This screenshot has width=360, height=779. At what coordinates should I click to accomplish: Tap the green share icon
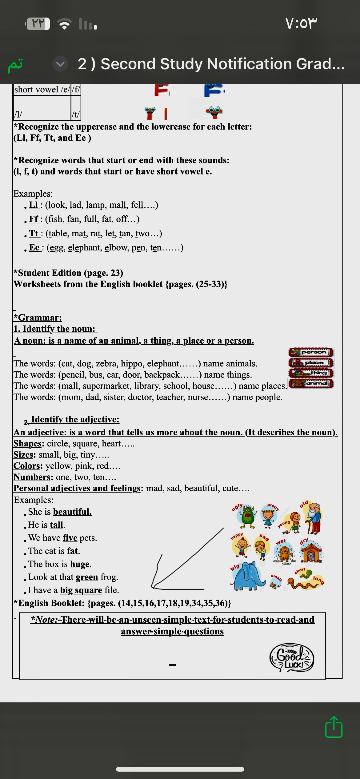coord(334,727)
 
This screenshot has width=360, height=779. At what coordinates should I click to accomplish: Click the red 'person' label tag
coord(311,352)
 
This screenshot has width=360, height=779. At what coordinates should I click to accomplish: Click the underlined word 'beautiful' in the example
coord(72,512)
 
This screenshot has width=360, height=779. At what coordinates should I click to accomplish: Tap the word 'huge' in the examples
coord(80,564)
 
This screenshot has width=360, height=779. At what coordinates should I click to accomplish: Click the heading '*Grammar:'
coord(38,318)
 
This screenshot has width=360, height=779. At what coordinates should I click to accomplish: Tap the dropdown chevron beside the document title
coord(60,64)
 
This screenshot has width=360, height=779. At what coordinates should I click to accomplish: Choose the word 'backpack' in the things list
coord(162,375)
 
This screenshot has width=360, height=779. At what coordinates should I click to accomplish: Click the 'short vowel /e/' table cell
coord(42,90)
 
